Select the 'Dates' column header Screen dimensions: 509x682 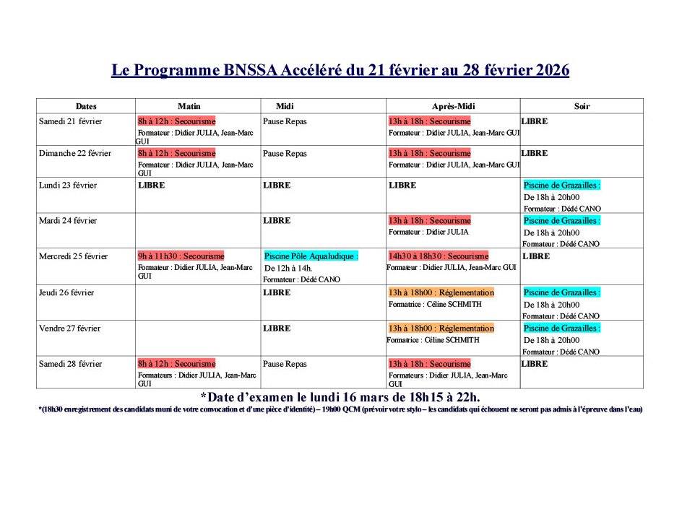coord(86,106)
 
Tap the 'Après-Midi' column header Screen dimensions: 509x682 coord(452,106)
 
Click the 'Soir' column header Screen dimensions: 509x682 coord(582,106)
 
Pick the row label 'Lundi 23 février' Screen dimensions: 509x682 coord(68,186)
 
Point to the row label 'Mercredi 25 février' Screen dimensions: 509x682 coord(73,256)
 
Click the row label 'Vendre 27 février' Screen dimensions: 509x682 coord(70,329)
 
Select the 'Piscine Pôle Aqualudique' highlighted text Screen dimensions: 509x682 coord(311,256)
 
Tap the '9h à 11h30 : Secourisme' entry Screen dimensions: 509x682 coord(181,256)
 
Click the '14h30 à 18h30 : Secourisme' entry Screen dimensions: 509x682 coord(438,256)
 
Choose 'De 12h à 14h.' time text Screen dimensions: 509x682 coord(288,269)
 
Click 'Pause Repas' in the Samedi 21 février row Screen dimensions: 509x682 coord(285,121)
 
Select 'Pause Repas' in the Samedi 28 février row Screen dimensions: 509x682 coord(285,364)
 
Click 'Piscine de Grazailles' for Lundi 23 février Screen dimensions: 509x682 coord(561,186)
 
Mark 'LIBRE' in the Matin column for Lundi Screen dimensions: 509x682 coord(151,186)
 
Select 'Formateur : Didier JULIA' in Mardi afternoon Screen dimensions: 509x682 coord(428,232)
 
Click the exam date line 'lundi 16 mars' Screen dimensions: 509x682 coord(340,397)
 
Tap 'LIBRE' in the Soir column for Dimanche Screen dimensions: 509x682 coord(535,154)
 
